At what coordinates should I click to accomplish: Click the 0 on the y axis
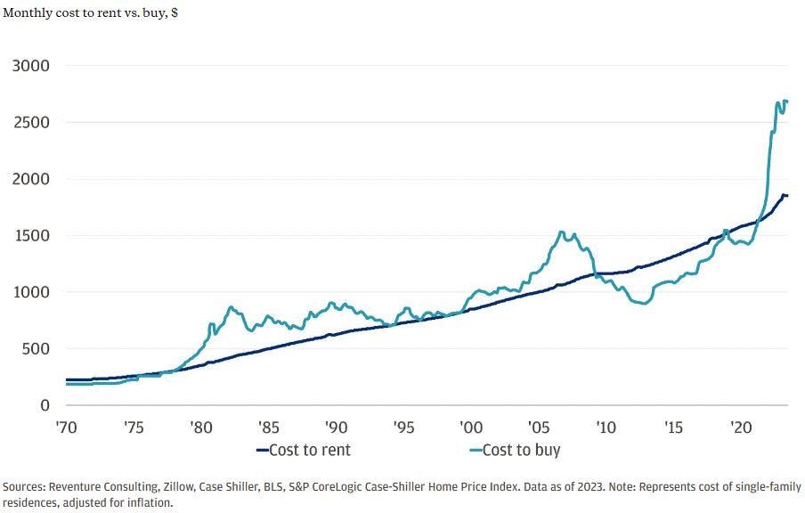click(x=44, y=405)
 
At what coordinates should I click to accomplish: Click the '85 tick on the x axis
click(x=268, y=427)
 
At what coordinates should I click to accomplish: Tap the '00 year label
click(x=470, y=427)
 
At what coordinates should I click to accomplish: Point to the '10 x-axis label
click(x=606, y=427)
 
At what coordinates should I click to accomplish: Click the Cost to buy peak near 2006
click(x=561, y=232)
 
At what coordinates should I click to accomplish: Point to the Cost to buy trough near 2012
click(x=643, y=304)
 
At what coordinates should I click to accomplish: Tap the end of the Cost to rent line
click(x=787, y=195)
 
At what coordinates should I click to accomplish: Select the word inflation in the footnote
click(x=144, y=502)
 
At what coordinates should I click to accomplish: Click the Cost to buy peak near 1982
click(x=231, y=307)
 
